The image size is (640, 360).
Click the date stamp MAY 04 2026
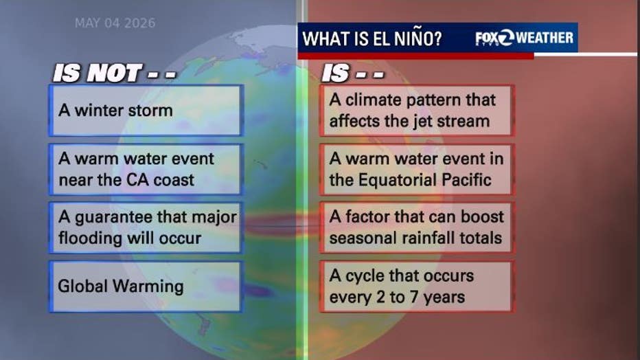[115, 23]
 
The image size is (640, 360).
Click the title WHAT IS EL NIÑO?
[372, 38]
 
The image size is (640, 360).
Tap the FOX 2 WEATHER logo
[524, 38]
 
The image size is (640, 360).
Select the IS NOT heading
[115, 74]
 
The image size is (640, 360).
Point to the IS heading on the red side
[353, 74]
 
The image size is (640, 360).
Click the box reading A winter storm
[146, 111]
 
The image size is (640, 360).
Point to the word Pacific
[468, 180]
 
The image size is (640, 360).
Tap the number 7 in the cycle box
[414, 297]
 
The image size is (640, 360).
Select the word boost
[483, 216]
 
